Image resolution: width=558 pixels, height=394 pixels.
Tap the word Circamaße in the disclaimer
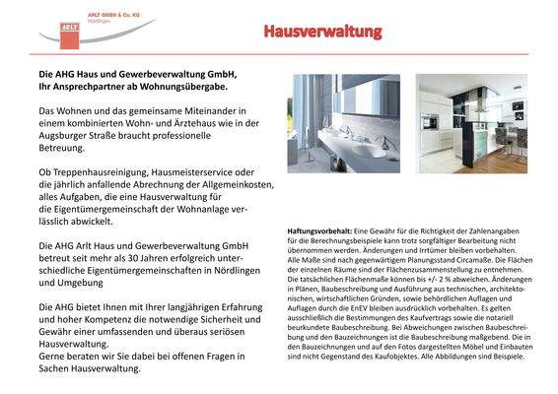[470, 250]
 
